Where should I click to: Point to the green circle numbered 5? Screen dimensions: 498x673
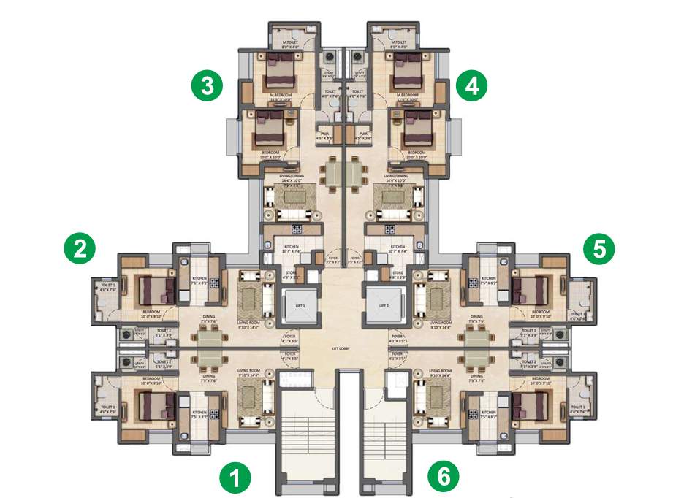(x=600, y=248)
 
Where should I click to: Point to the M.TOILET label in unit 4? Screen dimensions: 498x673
(x=398, y=42)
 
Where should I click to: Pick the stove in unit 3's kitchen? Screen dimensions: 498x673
(x=298, y=231)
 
